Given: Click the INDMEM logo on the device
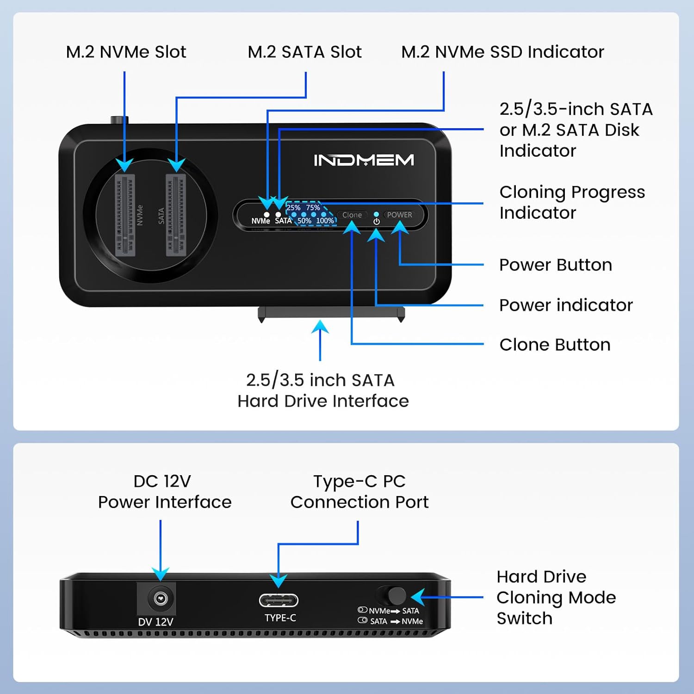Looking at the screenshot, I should [x=364, y=160].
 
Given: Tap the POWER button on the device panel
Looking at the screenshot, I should [x=399, y=215].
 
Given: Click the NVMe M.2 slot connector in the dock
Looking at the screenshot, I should [x=125, y=215].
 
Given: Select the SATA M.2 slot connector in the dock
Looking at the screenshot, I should [x=176, y=215].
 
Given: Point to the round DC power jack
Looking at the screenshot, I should [x=160, y=599].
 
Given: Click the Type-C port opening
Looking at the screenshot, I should [x=279, y=601].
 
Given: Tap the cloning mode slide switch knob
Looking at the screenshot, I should [x=397, y=595].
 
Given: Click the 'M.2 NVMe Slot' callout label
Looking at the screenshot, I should [x=126, y=52].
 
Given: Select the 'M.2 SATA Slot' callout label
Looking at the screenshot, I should [x=304, y=52].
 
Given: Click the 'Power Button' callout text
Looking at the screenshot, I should [x=555, y=265].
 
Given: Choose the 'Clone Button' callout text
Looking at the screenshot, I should [x=555, y=345].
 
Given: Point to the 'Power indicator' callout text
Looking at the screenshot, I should [x=565, y=305].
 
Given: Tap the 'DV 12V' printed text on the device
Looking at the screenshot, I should [x=155, y=622].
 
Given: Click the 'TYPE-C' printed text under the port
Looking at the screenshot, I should [x=280, y=618].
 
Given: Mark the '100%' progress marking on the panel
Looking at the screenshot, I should [x=325, y=221].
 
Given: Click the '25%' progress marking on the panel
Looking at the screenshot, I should [x=293, y=208].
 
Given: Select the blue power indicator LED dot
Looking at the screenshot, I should [x=376, y=214].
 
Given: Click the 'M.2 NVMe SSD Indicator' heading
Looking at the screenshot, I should [x=502, y=52].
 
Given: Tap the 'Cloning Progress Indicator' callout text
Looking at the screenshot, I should [x=572, y=202].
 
